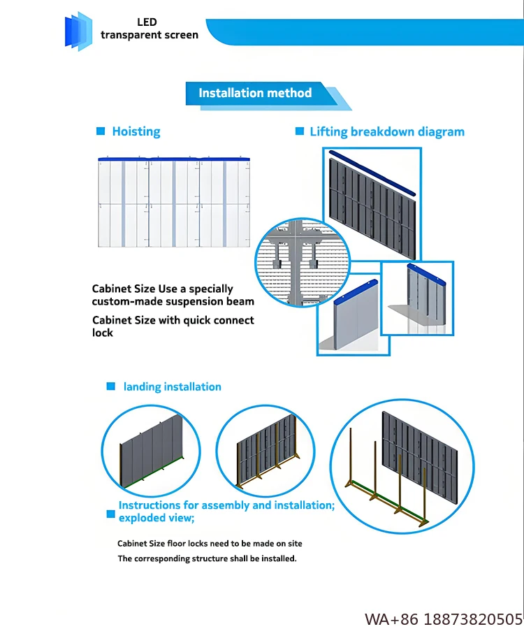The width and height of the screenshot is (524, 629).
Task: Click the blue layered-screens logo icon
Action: (79, 31)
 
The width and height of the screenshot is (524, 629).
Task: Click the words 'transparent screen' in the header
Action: (150, 35)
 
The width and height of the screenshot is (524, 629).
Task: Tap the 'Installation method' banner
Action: (256, 93)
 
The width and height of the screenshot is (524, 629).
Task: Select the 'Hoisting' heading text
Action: (136, 131)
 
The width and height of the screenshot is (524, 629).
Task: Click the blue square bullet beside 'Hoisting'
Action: (100, 131)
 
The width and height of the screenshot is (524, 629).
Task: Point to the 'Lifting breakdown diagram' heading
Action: (387, 131)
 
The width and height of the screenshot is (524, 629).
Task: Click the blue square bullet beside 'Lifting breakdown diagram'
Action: (300, 131)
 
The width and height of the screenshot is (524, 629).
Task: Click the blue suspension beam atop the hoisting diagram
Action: (175, 160)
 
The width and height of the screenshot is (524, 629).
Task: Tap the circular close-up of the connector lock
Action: (293, 262)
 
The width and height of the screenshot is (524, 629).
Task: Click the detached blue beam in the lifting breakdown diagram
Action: (372, 172)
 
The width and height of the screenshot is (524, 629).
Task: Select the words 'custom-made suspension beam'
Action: (173, 302)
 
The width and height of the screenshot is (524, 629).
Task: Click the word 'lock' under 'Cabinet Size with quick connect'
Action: (103, 333)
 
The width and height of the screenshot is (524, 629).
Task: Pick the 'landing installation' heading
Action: (173, 386)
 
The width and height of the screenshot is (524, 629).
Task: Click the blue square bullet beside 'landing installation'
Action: (110, 386)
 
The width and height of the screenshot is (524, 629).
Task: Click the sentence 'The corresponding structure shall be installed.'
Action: (207, 558)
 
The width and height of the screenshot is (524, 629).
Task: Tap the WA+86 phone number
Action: (444, 619)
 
